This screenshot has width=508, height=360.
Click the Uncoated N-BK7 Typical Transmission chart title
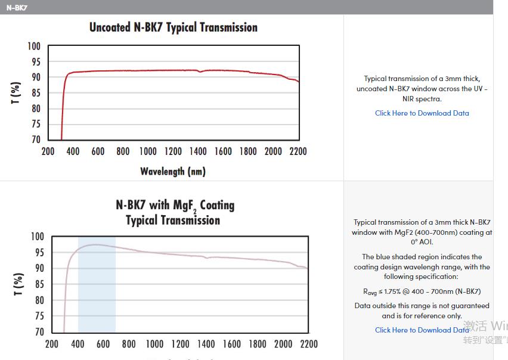point(173,27)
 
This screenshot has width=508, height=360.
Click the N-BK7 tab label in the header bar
point(17,8)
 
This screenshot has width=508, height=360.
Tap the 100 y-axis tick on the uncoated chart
point(33,46)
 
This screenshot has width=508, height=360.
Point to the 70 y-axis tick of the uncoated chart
point(36,139)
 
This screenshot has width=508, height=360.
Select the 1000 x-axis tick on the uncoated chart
point(148,151)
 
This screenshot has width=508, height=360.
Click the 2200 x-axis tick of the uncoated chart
point(298,151)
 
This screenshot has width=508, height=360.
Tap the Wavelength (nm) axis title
point(173,172)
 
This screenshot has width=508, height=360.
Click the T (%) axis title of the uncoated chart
point(16,93)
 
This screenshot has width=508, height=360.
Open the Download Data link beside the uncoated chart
point(422,113)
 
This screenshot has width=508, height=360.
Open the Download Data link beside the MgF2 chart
point(422,330)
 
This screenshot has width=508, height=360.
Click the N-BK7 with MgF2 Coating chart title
point(175,212)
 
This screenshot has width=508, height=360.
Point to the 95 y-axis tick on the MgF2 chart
point(37,253)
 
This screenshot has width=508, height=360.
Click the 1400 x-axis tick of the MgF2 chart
point(206,344)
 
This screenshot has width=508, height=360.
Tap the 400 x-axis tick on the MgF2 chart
point(78,344)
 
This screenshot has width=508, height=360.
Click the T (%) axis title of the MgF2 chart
point(18,284)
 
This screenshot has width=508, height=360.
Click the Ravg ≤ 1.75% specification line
point(422,291)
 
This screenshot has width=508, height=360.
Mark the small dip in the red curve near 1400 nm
point(200,72)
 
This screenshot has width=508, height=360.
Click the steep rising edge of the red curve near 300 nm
point(63,101)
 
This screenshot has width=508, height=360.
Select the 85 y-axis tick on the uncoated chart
point(36,93)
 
